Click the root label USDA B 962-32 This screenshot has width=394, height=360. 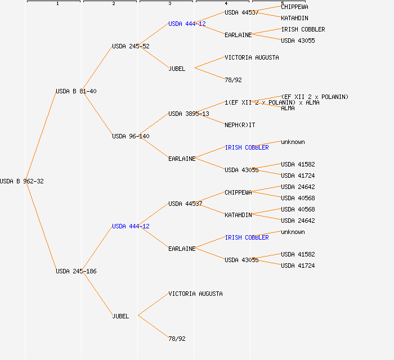(x=21, y=181)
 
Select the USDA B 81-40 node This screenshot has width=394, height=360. (x=75, y=91)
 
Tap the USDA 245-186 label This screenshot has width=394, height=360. (x=75, y=271)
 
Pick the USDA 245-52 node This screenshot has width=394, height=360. (x=131, y=46)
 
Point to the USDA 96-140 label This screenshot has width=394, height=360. (x=131, y=136)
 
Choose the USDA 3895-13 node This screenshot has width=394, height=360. (x=189, y=114)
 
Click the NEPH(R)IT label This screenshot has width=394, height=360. (x=239, y=125)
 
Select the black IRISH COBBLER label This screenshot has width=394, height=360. (x=303, y=29)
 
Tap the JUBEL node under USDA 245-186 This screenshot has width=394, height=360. (x=120, y=316)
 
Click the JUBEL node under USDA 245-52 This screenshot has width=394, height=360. (x=177, y=69)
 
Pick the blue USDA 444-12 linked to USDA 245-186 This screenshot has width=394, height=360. (x=131, y=226)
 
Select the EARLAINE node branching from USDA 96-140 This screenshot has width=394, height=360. (x=182, y=159)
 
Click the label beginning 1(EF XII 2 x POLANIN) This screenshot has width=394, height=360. (x=272, y=102)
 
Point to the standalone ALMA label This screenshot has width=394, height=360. (x=288, y=108)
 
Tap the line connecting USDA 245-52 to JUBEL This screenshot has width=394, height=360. (x=153, y=57)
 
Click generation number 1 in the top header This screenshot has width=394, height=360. (x=57, y=4)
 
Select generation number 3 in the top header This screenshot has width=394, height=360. (x=169, y=4)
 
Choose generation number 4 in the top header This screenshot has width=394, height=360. (x=226, y=4)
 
